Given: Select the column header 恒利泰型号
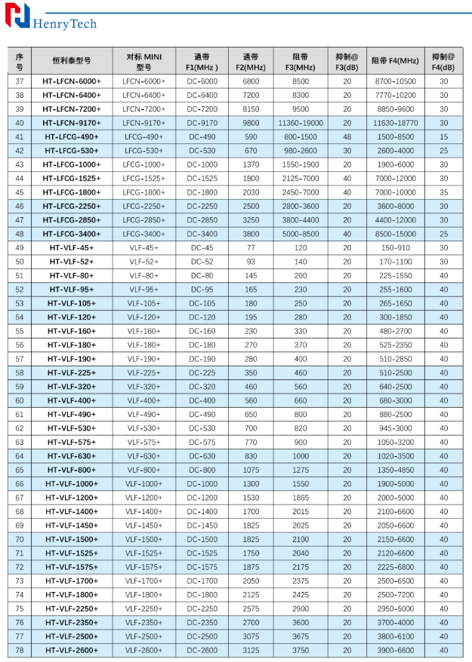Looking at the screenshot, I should pyautogui.click(x=72, y=60).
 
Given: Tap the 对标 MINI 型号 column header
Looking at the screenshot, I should pyautogui.click(x=143, y=60).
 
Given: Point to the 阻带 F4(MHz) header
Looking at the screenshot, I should pyautogui.click(x=395, y=60).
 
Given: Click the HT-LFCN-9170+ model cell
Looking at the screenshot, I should pyautogui.click(x=72, y=123).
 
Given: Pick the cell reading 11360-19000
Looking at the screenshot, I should pyautogui.click(x=301, y=123).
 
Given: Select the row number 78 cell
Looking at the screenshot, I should pyautogui.click(x=20, y=650).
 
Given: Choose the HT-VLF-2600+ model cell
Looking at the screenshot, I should pyautogui.click(x=72, y=650).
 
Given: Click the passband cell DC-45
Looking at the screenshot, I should pyautogui.click(x=202, y=247).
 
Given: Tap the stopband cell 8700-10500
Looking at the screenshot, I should pyautogui.click(x=395, y=81).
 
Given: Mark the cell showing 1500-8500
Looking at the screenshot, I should pyautogui.click(x=395, y=136).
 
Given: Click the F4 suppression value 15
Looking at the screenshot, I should pyautogui.click(x=443, y=136).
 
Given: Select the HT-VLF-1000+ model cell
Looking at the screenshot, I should pyautogui.click(x=72, y=483).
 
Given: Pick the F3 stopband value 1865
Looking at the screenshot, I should pyautogui.click(x=301, y=498).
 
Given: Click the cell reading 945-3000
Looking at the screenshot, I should pyautogui.click(x=395, y=428).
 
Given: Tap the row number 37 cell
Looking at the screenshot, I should pyautogui.click(x=20, y=81).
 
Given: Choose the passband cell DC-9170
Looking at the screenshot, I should pyautogui.click(x=202, y=123).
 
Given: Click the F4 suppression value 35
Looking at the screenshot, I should pyautogui.click(x=443, y=192).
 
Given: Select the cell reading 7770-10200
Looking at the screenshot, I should pyautogui.click(x=395, y=95).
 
